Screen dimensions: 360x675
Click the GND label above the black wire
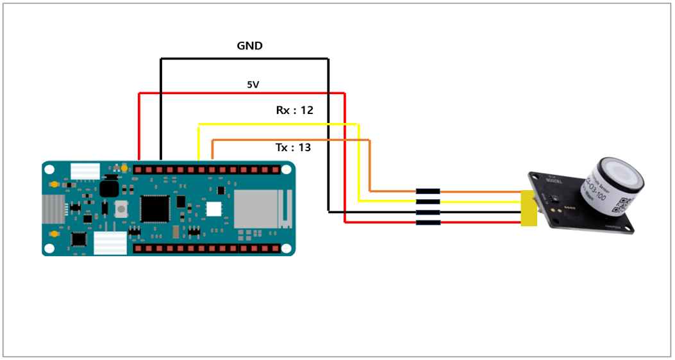[x=250, y=46]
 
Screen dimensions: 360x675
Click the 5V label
[x=253, y=84]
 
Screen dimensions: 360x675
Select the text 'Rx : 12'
[x=294, y=110]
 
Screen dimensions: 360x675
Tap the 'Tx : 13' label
[x=293, y=147]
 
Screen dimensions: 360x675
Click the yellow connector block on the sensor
[x=529, y=208]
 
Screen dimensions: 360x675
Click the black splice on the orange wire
[x=428, y=191]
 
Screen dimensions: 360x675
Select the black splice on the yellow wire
[x=428, y=201]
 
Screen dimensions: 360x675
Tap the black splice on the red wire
[x=428, y=222]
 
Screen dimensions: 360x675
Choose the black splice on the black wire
[x=428, y=211]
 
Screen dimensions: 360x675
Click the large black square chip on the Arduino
[x=154, y=208]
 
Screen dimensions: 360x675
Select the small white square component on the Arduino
[x=213, y=209]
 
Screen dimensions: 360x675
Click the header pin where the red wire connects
[x=138, y=170]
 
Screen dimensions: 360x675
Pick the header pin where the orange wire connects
[x=212, y=170]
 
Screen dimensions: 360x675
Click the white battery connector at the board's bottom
[x=110, y=243]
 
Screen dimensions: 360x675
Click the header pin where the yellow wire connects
[x=201, y=170]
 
